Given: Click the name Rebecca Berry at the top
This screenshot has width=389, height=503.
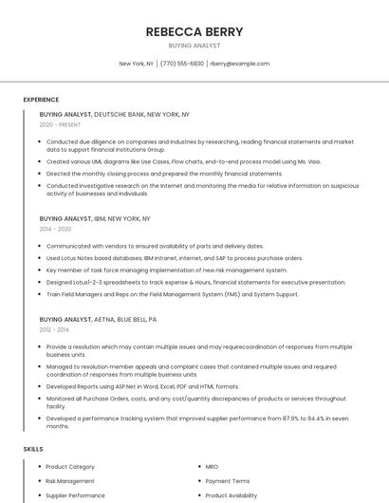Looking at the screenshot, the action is coord(194,31).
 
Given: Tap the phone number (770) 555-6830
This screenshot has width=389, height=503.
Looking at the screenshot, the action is coord(182,64).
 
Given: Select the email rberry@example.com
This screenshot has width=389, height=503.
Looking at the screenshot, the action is coord(240,64).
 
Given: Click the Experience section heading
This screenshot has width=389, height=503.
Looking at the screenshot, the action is coord(41,100).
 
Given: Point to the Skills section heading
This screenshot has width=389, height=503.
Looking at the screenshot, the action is coord(33,448).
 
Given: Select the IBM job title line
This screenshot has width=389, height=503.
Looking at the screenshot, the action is coord(95,218).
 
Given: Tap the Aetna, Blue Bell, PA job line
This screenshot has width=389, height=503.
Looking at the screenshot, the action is coord(98,320).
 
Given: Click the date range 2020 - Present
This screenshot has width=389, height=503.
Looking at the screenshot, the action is coord(60,124).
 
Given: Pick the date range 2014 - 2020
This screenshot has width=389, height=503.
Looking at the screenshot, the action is coord(55,229).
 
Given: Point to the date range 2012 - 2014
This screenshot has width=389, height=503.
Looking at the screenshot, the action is coord(54,330).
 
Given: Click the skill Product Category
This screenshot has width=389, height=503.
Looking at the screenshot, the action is coord(70,467).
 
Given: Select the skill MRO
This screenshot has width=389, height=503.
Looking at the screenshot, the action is coord(213,467).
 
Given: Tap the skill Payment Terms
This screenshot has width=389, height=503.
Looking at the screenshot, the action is coord(228,481).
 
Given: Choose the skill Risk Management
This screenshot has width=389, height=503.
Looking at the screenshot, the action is coord(70,481).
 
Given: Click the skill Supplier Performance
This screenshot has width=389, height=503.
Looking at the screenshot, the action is coord(75,495).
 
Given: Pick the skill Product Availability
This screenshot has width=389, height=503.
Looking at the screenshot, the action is coord(231,495).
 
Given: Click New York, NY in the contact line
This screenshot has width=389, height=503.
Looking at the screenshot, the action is coord(136,64).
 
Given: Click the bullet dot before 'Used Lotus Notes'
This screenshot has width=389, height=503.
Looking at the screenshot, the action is coord(40,258).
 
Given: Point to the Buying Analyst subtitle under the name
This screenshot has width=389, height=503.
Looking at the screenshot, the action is coord(194,46).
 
